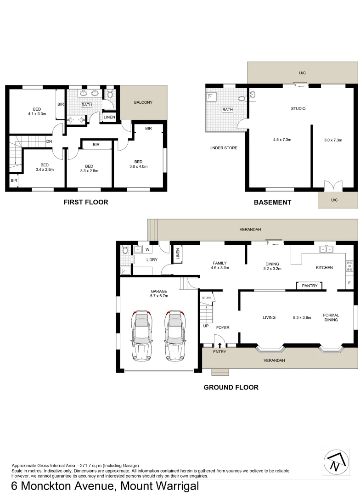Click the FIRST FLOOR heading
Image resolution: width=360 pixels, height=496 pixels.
(86, 202)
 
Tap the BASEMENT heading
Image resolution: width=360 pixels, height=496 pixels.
(272, 202)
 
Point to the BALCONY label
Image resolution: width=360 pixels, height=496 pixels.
(143, 102)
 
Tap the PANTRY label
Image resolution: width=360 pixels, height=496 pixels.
(310, 286)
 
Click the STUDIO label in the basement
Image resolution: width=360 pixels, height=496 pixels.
(298, 109)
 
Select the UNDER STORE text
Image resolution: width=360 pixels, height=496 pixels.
(222, 148)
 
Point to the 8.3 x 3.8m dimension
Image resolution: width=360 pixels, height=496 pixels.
(302, 317)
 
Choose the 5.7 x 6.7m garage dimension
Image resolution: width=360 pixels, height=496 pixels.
(159, 296)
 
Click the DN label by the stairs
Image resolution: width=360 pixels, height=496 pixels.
(49, 141)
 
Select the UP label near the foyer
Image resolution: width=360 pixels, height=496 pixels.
(206, 326)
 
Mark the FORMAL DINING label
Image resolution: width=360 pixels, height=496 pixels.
(331, 317)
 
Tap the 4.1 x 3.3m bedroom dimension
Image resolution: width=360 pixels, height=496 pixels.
(37, 113)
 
